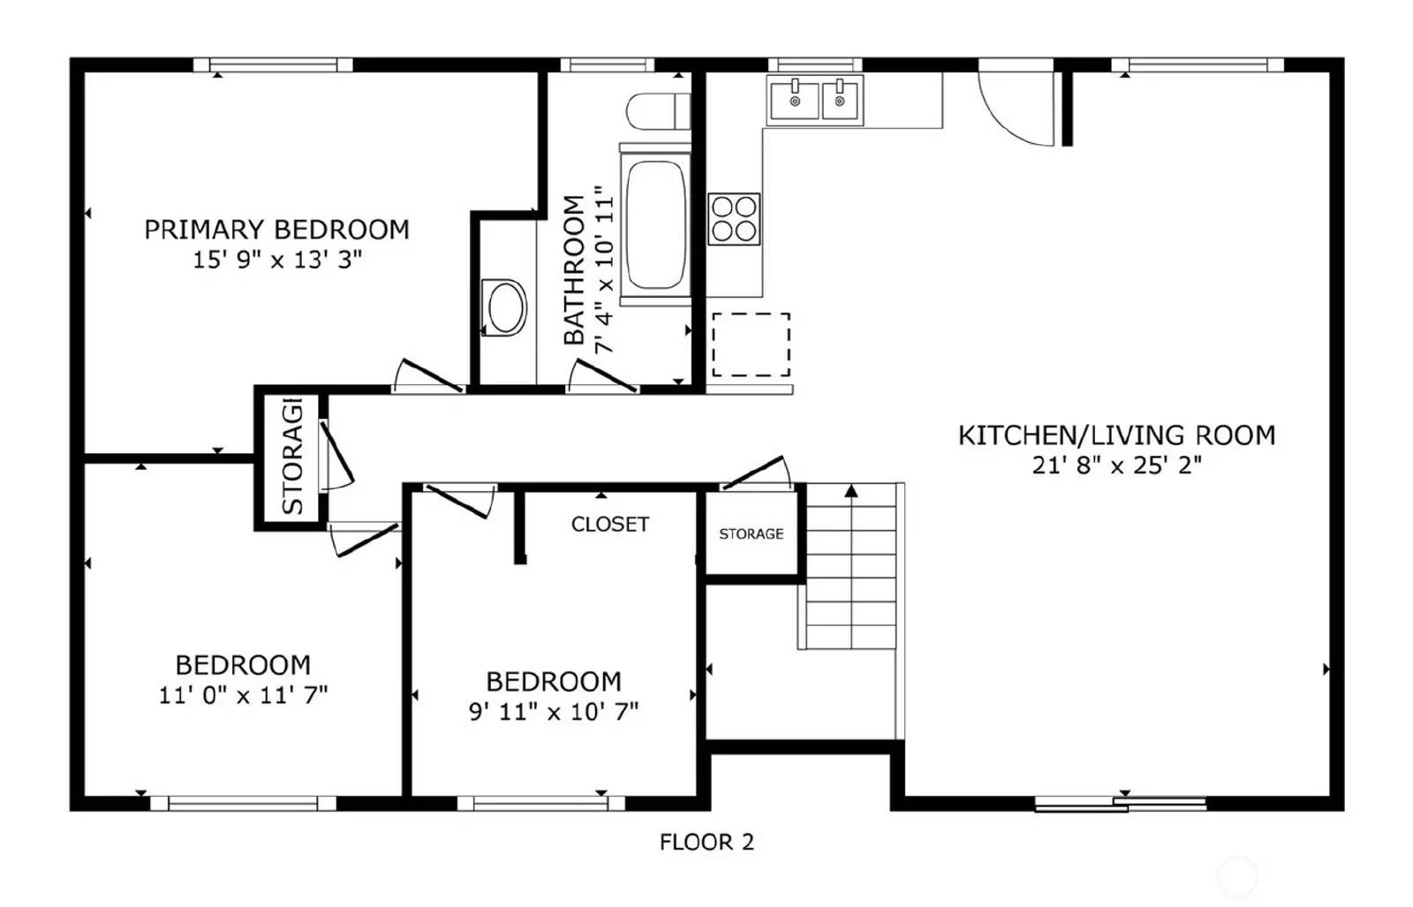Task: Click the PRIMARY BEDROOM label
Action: pos(276,230)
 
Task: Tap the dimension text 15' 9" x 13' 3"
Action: pos(276,260)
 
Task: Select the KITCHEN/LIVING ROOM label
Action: pos(1116,435)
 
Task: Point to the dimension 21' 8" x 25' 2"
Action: pos(1116,465)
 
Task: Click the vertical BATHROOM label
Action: pos(574,269)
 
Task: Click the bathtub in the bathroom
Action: pos(655,225)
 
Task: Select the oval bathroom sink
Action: pos(505,307)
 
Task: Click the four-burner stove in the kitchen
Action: pos(734,219)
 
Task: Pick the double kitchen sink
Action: pos(815,100)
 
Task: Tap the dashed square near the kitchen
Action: pos(751,344)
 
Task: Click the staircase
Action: pos(850,565)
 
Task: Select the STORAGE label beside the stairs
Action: pos(751,533)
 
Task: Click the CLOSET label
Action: pos(609,525)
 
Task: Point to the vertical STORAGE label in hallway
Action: pos(292,457)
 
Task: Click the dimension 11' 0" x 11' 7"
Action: pos(243,695)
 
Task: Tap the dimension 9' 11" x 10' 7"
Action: pos(553,711)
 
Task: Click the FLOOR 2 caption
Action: pos(706,842)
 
